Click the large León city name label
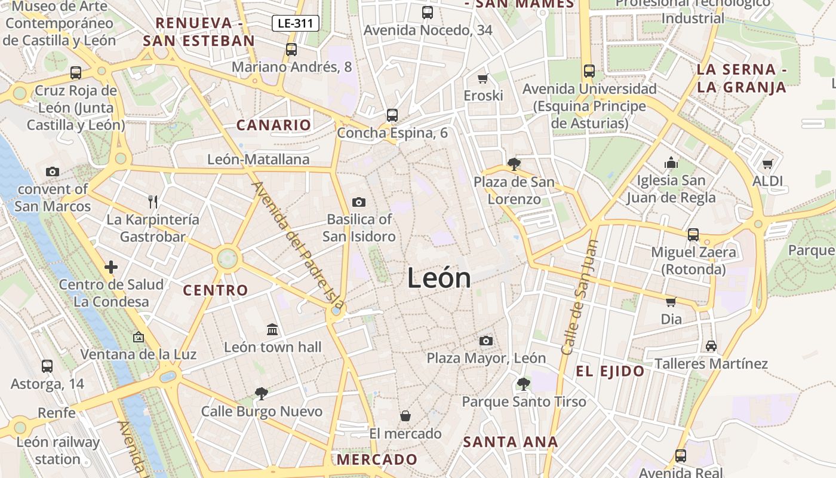(x=439, y=278)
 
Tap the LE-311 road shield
(x=296, y=23)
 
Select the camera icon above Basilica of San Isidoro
(x=358, y=202)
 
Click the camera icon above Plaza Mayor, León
(x=486, y=341)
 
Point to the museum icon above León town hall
(x=272, y=329)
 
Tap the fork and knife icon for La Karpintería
(x=153, y=201)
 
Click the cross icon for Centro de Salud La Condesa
(x=111, y=267)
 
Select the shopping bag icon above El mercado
(x=405, y=415)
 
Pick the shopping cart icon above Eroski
(x=483, y=78)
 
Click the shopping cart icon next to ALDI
(x=767, y=163)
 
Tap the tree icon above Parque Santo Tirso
(x=524, y=384)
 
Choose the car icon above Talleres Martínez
(x=711, y=345)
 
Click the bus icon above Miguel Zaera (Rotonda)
(x=693, y=234)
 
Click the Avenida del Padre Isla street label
(x=299, y=245)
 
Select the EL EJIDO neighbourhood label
(x=610, y=372)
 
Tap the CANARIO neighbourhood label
(x=273, y=125)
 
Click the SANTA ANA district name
(x=511, y=442)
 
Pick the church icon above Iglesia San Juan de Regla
(x=671, y=163)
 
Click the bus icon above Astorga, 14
(x=47, y=366)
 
